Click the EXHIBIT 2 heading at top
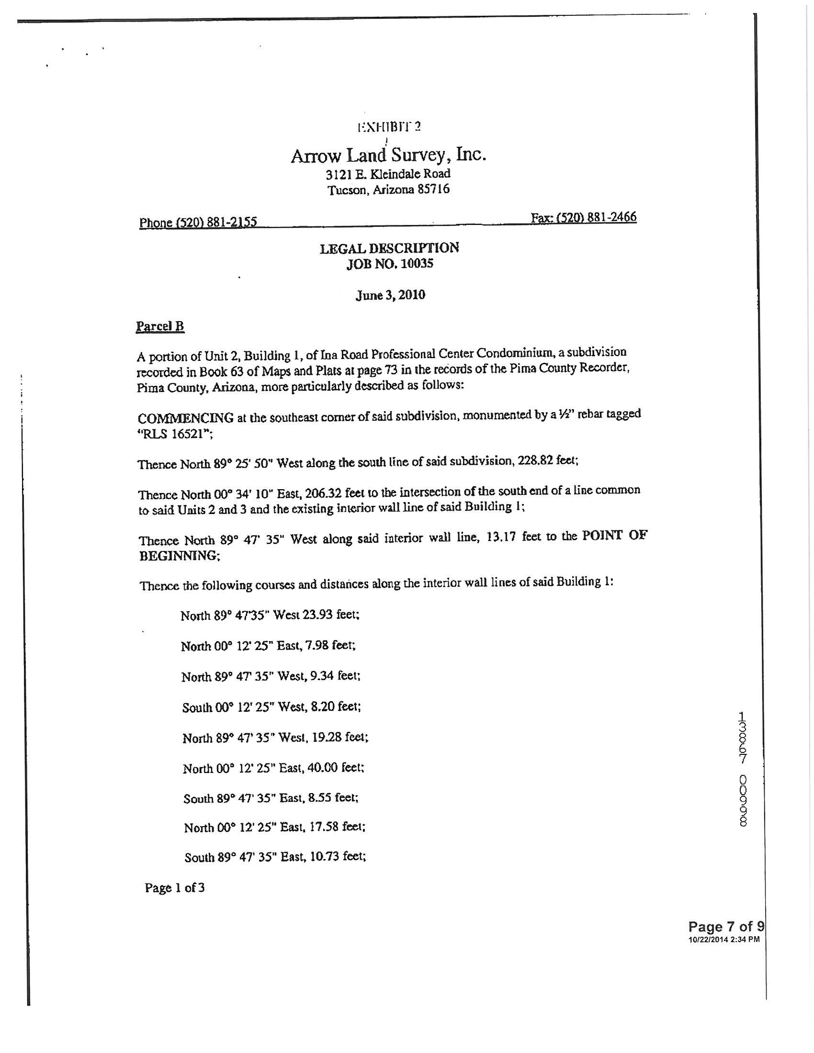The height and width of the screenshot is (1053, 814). click(389, 127)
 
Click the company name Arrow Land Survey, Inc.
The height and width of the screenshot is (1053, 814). click(388, 155)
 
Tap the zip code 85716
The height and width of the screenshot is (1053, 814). click(433, 189)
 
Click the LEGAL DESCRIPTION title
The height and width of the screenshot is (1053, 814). click(389, 248)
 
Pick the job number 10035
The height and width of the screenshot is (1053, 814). click(418, 264)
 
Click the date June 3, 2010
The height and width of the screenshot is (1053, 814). click(390, 295)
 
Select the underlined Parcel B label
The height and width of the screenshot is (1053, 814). click(160, 326)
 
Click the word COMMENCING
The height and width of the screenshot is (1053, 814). click(186, 417)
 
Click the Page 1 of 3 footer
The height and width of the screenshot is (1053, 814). click(175, 887)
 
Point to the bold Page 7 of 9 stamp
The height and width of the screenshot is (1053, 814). click(726, 927)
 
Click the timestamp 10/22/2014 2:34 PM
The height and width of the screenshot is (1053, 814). click(724, 939)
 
